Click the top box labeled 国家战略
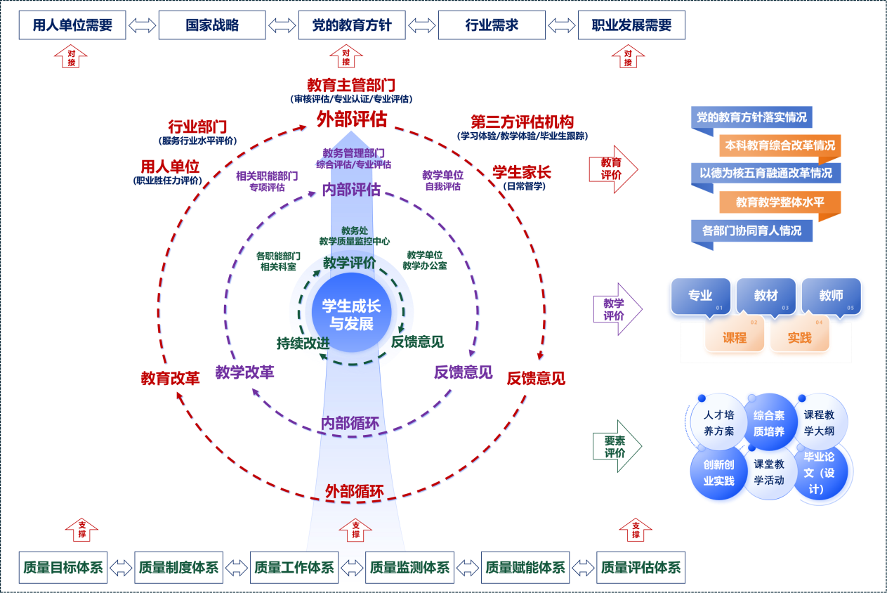click(x=212, y=25)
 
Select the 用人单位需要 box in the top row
click(x=72, y=25)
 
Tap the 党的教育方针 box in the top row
click(x=352, y=25)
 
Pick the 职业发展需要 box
click(x=631, y=25)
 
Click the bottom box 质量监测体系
click(x=409, y=568)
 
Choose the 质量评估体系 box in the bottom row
click(x=640, y=568)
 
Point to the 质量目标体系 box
click(x=63, y=568)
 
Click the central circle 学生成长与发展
click(x=351, y=315)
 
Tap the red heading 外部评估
click(x=351, y=119)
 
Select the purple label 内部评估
click(x=351, y=190)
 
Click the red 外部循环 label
click(x=354, y=492)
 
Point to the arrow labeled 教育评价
click(x=613, y=169)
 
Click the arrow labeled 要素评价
click(x=616, y=446)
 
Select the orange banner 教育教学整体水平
click(x=780, y=202)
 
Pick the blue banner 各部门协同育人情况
click(x=751, y=230)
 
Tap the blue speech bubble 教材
click(x=766, y=296)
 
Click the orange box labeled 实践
click(x=799, y=337)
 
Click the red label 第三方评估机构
click(x=522, y=121)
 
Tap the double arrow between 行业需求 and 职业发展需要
click(x=562, y=25)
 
